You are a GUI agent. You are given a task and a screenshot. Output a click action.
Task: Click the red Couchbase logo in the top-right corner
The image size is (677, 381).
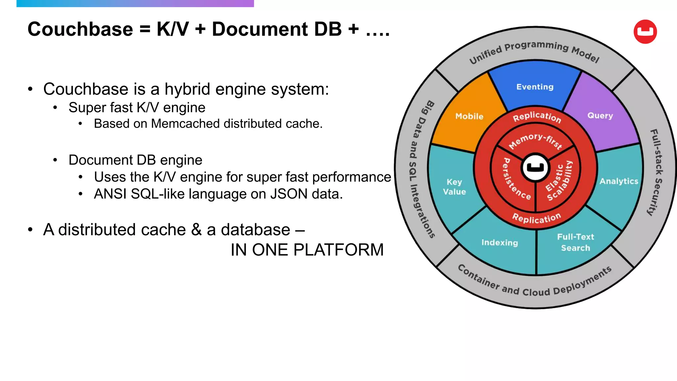click(645, 31)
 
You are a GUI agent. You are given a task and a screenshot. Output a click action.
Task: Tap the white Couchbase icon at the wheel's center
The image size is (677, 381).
click(535, 167)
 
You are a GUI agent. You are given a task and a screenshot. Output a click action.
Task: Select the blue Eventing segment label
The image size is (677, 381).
click(535, 87)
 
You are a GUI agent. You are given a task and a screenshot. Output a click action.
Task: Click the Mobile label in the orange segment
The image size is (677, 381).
click(469, 116)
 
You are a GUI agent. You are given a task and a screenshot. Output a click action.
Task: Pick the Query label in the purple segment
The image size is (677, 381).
click(600, 115)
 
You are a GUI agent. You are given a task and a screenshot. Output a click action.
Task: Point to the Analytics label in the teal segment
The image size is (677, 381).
click(619, 181)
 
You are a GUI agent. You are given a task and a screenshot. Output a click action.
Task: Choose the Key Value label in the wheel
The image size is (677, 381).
click(455, 187)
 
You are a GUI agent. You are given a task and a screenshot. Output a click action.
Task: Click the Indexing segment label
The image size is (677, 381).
click(499, 242)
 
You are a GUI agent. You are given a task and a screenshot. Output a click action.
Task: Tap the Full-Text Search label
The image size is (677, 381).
click(576, 242)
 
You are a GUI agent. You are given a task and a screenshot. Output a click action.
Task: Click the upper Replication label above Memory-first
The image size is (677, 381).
click(537, 116)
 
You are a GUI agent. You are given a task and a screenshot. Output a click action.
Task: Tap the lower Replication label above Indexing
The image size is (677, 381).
click(536, 218)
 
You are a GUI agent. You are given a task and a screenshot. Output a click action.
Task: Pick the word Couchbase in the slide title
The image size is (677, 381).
click(80, 29)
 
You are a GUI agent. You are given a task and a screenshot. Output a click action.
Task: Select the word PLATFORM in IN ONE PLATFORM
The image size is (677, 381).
click(338, 250)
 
